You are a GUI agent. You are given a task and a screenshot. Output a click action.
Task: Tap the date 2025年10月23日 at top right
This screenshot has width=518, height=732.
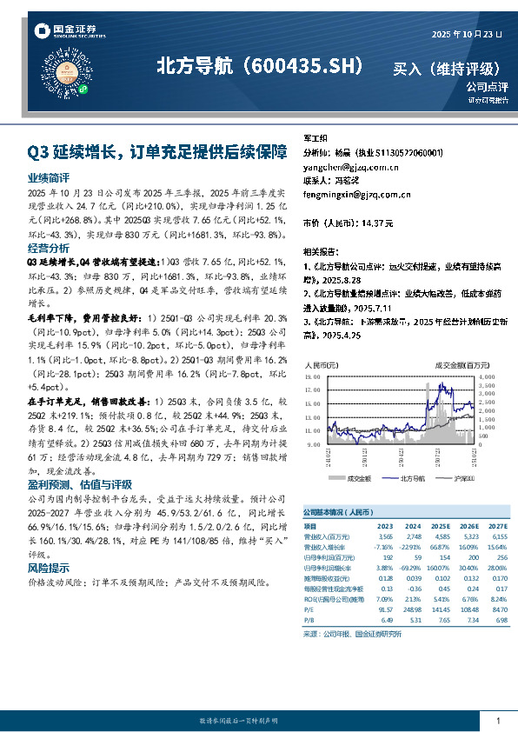pos(467,34)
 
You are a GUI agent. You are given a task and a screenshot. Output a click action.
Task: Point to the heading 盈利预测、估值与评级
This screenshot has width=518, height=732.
pos(80,483)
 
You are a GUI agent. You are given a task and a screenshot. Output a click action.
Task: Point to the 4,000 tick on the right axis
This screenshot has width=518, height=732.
pos(487,377)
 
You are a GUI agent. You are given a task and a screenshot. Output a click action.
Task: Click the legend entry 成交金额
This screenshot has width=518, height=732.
pos(358,478)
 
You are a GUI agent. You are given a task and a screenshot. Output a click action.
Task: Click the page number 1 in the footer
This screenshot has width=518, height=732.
pos(498,721)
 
